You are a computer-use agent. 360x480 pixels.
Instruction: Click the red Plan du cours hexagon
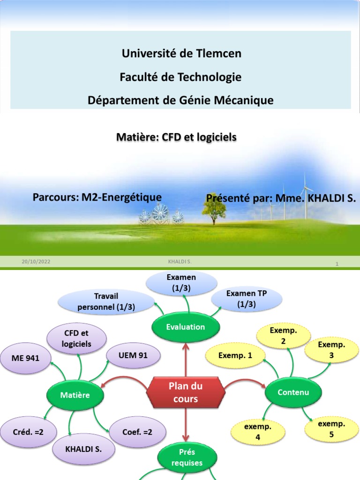(186, 393)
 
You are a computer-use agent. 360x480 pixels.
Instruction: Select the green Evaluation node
(186, 327)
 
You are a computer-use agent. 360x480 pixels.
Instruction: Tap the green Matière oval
(75, 395)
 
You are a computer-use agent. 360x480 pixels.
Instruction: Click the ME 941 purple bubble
(26, 359)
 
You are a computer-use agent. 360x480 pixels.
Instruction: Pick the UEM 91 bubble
(133, 355)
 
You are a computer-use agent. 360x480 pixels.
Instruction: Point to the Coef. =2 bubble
(138, 432)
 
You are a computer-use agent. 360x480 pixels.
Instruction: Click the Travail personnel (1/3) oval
(106, 301)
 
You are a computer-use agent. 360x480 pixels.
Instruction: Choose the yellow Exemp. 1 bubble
(235, 355)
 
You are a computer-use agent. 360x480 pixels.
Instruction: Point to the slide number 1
(337, 264)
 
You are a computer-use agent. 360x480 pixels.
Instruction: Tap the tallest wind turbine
(307, 197)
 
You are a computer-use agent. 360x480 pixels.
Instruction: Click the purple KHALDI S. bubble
(83, 449)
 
